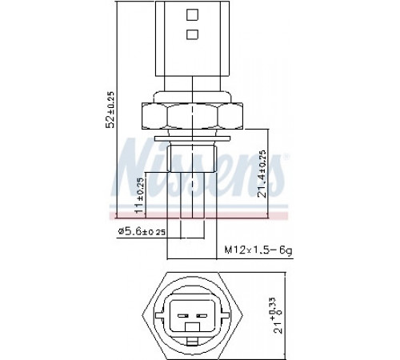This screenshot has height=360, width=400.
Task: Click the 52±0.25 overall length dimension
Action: pyautogui.click(x=110, y=110)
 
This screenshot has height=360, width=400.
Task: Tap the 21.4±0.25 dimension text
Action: pyautogui.click(x=263, y=174)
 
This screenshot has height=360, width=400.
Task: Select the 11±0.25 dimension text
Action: pyautogui.click(x=139, y=195)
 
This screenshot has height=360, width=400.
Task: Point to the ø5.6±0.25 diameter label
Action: pyautogui.click(x=142, y=231)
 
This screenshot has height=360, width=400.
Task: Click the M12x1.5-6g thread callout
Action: pyautogui.click(x=258, y=250)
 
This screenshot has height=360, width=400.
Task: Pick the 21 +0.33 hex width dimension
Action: pyautogui.click(x=278, y=315)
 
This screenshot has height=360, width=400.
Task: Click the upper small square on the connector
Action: pyautogui.click(x=192, y=14)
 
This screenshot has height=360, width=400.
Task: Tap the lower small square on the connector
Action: pyautogui.click(x=192, y=34)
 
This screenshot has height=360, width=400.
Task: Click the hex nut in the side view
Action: pyautogui.click(x=192, y=117)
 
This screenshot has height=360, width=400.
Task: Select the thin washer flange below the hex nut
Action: pyautogui.click(x=192, y=138)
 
